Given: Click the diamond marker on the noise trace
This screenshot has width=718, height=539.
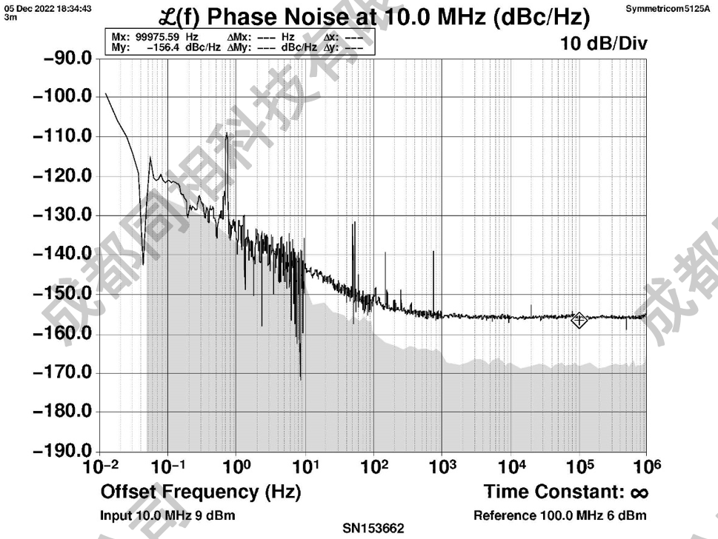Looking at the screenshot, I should coord(579,320).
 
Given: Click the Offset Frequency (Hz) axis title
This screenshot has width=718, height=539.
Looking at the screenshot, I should coord(200,492).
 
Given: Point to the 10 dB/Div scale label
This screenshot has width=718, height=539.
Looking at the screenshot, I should coord(604,44).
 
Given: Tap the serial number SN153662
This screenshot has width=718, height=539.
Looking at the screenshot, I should coord(373,529).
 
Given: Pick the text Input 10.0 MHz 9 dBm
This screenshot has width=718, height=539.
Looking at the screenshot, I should coord(168,515).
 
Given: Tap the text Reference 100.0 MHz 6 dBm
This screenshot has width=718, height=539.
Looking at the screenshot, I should coord(559,515).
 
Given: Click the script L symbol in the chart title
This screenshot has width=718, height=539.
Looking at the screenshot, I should coord(170,16).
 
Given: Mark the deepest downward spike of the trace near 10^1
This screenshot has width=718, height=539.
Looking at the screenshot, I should coord(300,378).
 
